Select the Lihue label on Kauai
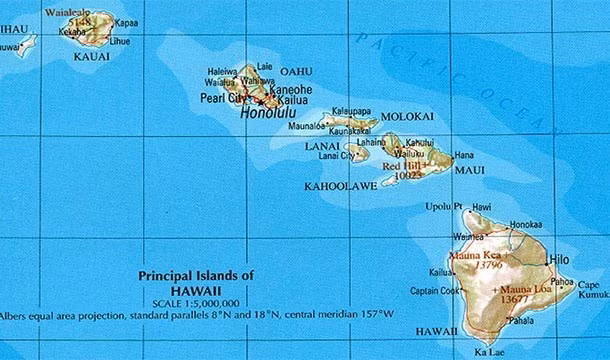120,42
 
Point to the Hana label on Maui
464,155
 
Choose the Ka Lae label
488,352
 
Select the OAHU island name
296,71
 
